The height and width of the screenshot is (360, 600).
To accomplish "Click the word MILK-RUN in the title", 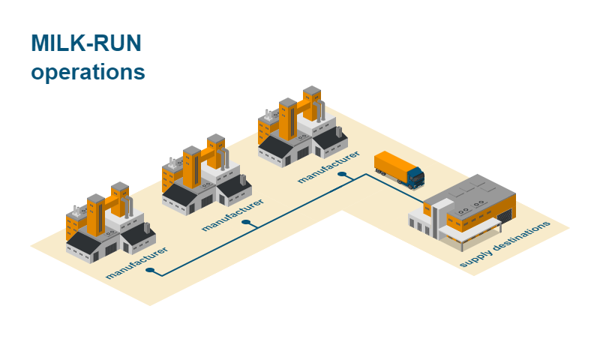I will [85, 44].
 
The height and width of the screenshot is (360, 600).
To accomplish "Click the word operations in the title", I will [88, 73].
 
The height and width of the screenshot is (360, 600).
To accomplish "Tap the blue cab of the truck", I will [415, 177].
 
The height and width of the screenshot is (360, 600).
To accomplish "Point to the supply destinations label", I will [505, 244].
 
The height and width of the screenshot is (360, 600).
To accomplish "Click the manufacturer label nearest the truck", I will [328, 166].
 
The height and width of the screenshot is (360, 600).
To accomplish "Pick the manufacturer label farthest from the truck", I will [136, 262].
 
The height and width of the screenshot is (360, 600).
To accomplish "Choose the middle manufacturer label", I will [232, 214].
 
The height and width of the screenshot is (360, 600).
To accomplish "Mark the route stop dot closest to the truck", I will [342, 175].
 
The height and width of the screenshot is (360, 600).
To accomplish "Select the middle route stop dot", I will [245, 223].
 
